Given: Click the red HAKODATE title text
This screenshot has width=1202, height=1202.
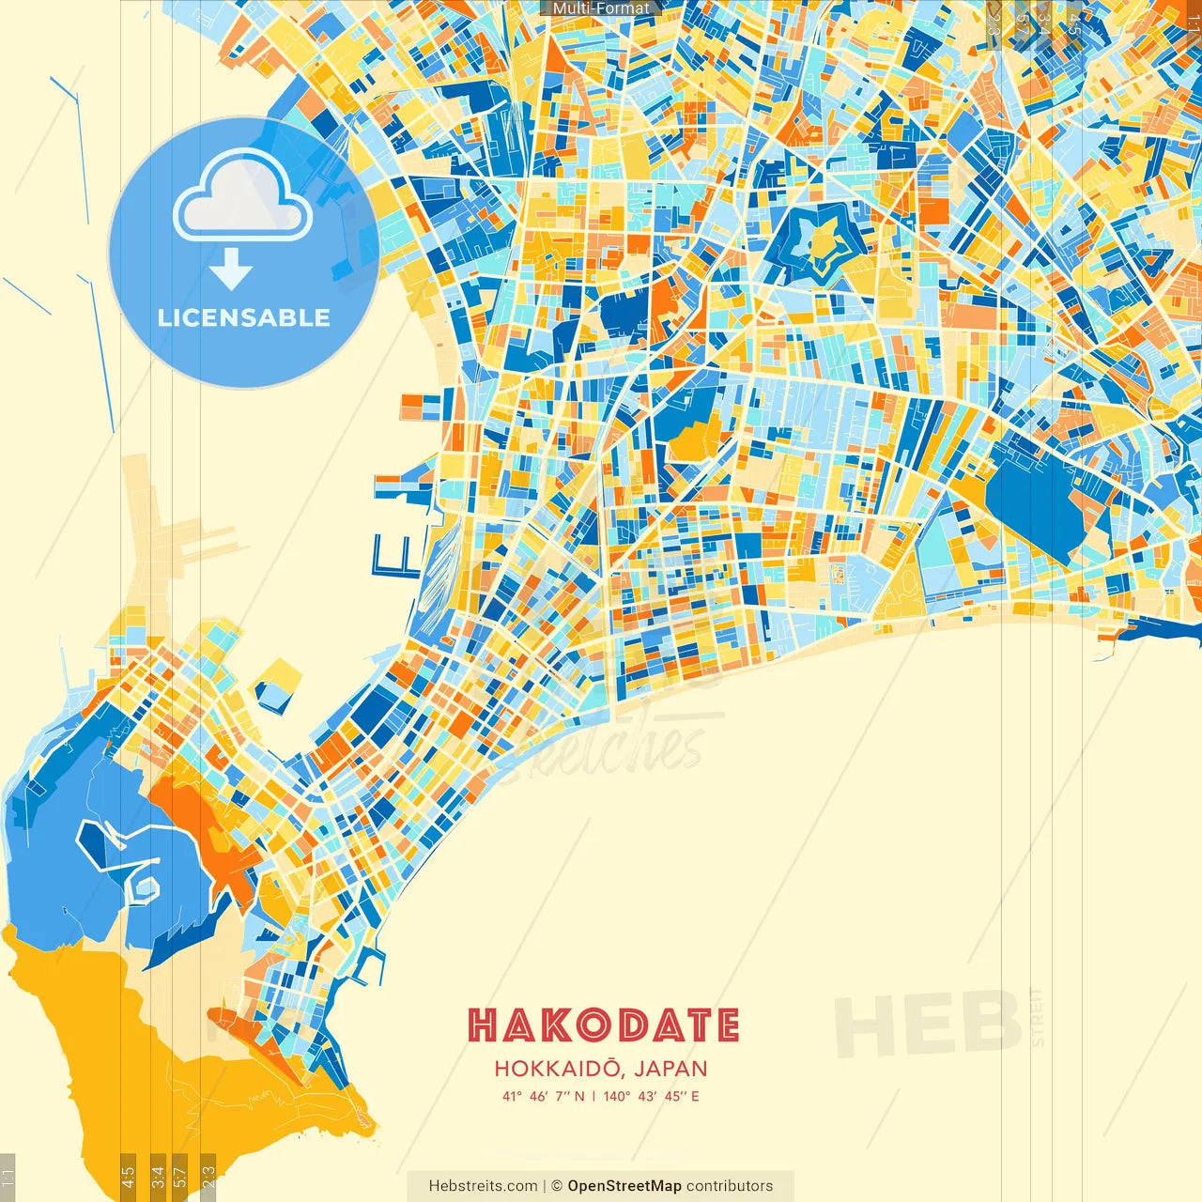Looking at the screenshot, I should tap(603, 1025).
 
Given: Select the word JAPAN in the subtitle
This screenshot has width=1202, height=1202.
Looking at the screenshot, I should tap(670, 1069).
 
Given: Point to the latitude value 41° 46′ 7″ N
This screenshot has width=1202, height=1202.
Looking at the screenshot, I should tap(543, 1096).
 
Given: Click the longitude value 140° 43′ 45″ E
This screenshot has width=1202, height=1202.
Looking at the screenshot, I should tap(651, 1096).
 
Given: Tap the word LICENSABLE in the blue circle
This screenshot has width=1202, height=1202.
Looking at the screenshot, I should tap(244, 317).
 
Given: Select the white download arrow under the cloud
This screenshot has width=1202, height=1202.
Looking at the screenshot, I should tap(231, 270).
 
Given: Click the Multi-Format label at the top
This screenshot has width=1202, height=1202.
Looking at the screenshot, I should tap(601, 8).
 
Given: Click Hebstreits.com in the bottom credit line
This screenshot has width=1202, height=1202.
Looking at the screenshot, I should tap(483, 1186).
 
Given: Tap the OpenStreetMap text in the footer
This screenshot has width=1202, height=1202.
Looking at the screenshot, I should tap(624, 1186).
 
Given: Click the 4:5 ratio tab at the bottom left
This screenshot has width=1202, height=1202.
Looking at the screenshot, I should tap(129, 1177).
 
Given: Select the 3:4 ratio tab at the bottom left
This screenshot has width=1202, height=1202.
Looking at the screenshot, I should tap(158, 1177).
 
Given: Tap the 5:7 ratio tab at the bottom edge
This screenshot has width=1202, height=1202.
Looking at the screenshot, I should tap(180, 1177).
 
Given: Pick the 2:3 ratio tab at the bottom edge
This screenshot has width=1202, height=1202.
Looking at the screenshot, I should tap(208, 1177).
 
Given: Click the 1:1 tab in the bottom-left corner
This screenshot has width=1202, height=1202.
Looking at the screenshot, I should tap(8, 1177).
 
